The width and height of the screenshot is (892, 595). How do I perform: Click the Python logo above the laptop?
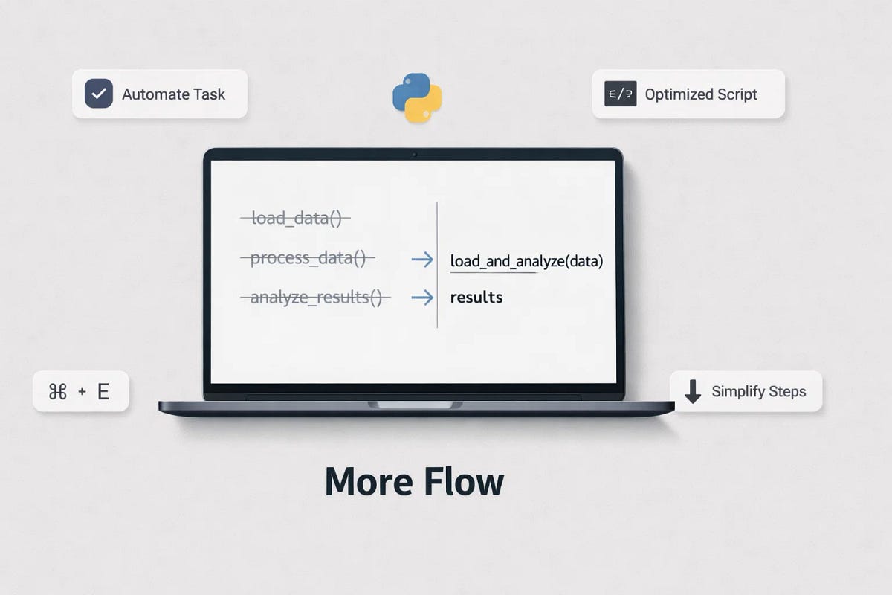[x=417, y=97]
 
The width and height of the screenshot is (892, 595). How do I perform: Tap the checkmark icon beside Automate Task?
[x=99, y=94]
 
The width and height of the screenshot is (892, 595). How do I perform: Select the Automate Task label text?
[x=173, y=94]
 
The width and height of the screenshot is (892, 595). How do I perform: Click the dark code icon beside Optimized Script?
[x=620, y=94]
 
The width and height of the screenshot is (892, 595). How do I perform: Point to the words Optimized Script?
[x=701, y=94]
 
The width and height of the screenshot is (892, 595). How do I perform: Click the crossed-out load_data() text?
[x=296, y=219]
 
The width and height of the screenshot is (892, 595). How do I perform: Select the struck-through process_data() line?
[x=308, y=259]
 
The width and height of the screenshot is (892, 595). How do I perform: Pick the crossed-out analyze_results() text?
[x=315, y=298]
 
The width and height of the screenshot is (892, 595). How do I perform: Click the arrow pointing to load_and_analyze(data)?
[x=422, y=259]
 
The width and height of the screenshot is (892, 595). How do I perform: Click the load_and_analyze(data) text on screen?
[x=526, y=261]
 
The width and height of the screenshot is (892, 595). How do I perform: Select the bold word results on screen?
[x=476, y=297]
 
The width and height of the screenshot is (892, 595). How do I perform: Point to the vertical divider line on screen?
[x=437, y=264]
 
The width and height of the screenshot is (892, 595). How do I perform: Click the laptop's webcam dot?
[x=414, y=155]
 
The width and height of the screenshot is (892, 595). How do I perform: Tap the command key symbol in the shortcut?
[x=58, y=392]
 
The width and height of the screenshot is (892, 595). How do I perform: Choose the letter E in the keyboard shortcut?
[x=103, y=392]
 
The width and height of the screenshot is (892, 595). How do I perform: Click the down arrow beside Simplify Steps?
[x=693, y=391]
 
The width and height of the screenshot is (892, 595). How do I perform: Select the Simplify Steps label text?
[x=758, y=391]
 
